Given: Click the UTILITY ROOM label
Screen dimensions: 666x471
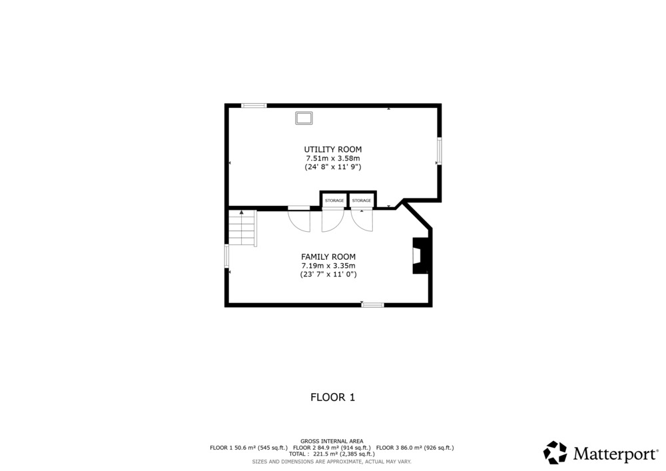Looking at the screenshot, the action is [x=332, y=149].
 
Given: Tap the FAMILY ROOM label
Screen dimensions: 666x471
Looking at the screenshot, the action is [x=328, y=257].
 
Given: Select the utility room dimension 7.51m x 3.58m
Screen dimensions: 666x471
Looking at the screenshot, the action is [x=333, y=159].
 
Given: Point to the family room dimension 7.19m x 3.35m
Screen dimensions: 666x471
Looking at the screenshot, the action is [x=328, y=266].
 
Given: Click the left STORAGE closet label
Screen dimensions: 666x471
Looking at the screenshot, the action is [x=334, y=201].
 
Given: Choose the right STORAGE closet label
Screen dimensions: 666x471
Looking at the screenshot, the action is [x=362, y=201].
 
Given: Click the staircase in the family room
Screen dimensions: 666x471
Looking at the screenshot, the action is [x=242, y=228].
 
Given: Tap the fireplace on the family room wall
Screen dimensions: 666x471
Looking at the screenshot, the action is [x=421, y=255].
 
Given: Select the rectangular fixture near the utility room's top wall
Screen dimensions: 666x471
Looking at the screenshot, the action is [x=304, y=118].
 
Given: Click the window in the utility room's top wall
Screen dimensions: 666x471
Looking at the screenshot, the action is [x=254, y=105].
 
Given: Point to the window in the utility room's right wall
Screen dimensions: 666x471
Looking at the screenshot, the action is [x=439, y=151].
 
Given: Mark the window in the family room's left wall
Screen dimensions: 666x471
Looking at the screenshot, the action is [x=227, y=256].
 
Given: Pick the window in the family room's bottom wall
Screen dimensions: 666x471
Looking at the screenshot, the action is [x=373, y=304].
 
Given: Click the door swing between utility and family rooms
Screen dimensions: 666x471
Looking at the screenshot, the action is [x=299, y=220].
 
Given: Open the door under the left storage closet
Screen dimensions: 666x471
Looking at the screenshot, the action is [x=332, y=220].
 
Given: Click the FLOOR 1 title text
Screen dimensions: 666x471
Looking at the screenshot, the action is [x=332, y=398].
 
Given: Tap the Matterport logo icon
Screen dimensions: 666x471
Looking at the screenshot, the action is [x=555, y=452].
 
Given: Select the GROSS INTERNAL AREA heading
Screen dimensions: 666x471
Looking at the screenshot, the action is [x=332, y=441].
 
